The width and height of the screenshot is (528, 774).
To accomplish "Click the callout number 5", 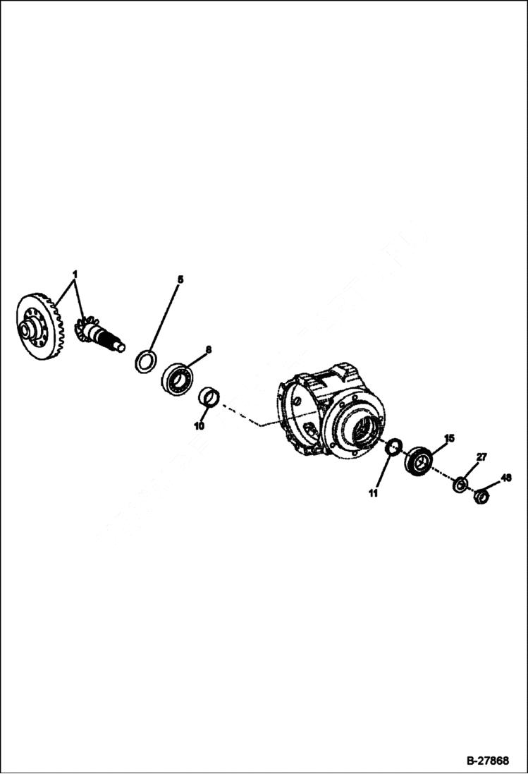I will [180, 280].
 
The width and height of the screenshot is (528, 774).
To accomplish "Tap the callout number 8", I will [208, 349].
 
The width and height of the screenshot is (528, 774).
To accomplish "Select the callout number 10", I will [199, 426].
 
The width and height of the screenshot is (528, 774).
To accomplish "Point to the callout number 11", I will [373, 492].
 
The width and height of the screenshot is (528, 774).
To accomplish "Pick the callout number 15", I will [449, 438].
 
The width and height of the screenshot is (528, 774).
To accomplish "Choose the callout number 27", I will [481, 457].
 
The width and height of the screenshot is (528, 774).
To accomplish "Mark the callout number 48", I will [505, 478].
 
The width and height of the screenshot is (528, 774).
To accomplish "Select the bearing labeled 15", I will [419, 461].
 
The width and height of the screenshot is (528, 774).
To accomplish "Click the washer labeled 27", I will [460, 485].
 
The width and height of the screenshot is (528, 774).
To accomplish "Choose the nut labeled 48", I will [482, 497].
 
